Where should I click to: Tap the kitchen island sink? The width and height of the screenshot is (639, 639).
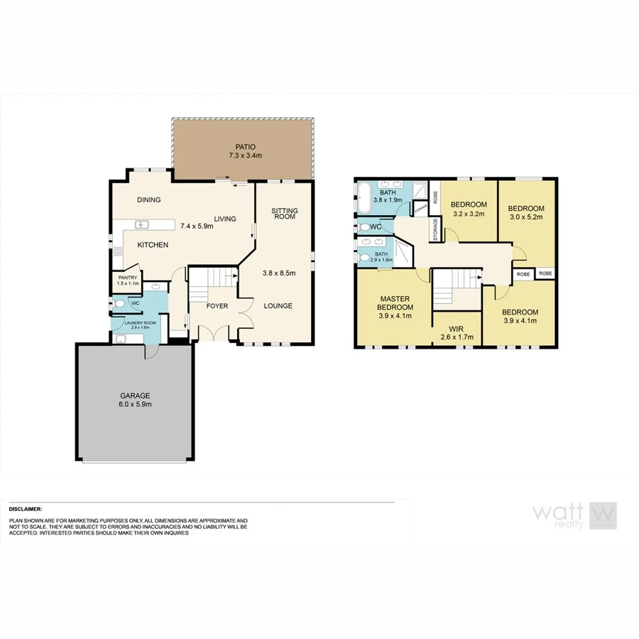141,225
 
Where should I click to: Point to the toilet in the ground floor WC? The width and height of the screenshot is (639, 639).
119,304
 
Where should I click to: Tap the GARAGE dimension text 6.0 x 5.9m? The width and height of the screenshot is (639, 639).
135,404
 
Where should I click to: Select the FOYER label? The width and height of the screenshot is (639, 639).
217,307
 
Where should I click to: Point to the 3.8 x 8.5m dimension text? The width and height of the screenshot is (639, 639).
278,273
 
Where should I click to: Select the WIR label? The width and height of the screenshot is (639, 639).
456,329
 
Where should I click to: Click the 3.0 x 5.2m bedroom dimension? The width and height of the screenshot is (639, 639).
525,217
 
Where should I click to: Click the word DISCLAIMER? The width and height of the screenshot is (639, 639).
26,509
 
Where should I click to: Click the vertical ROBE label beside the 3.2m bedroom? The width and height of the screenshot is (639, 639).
435,197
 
